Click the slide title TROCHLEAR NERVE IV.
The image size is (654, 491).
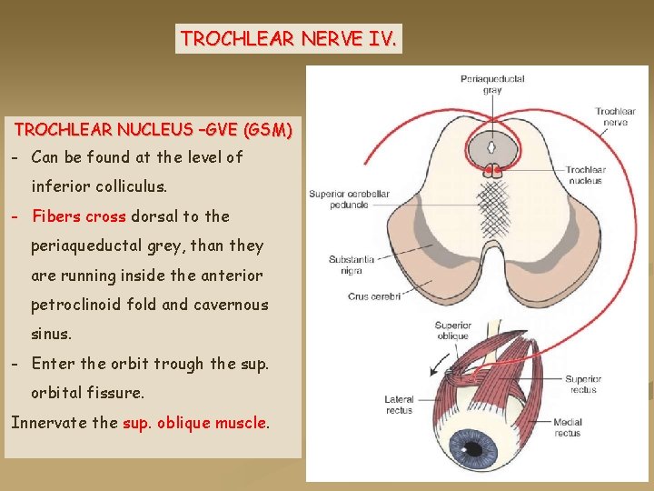point(288,39)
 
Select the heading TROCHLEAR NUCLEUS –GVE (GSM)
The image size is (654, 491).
point(153,130)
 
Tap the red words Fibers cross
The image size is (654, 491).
point(79,216)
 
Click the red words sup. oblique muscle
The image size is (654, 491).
point(195,422)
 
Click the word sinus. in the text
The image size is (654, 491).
point(51,334)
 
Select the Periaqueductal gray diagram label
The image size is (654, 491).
point(492,85)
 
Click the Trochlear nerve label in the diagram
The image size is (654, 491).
point(615,117)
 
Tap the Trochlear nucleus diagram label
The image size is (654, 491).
point(586,175)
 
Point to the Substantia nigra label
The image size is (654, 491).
point(345,265)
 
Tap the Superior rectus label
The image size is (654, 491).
point(582,385)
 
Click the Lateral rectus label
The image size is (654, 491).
point(399,404)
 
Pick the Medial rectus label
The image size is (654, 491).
point(568,428)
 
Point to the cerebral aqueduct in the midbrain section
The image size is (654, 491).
point(492,145)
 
